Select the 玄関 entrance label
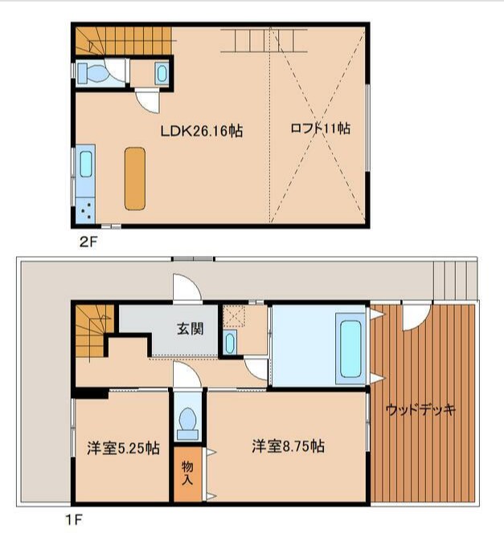pyautogui.click(x=190, y=328)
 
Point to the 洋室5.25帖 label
pyautogui.click(x=122, y=448)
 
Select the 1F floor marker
pyautogui.click(x=72, y=518)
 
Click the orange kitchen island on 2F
pyautogui.click(x=135, y=178)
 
